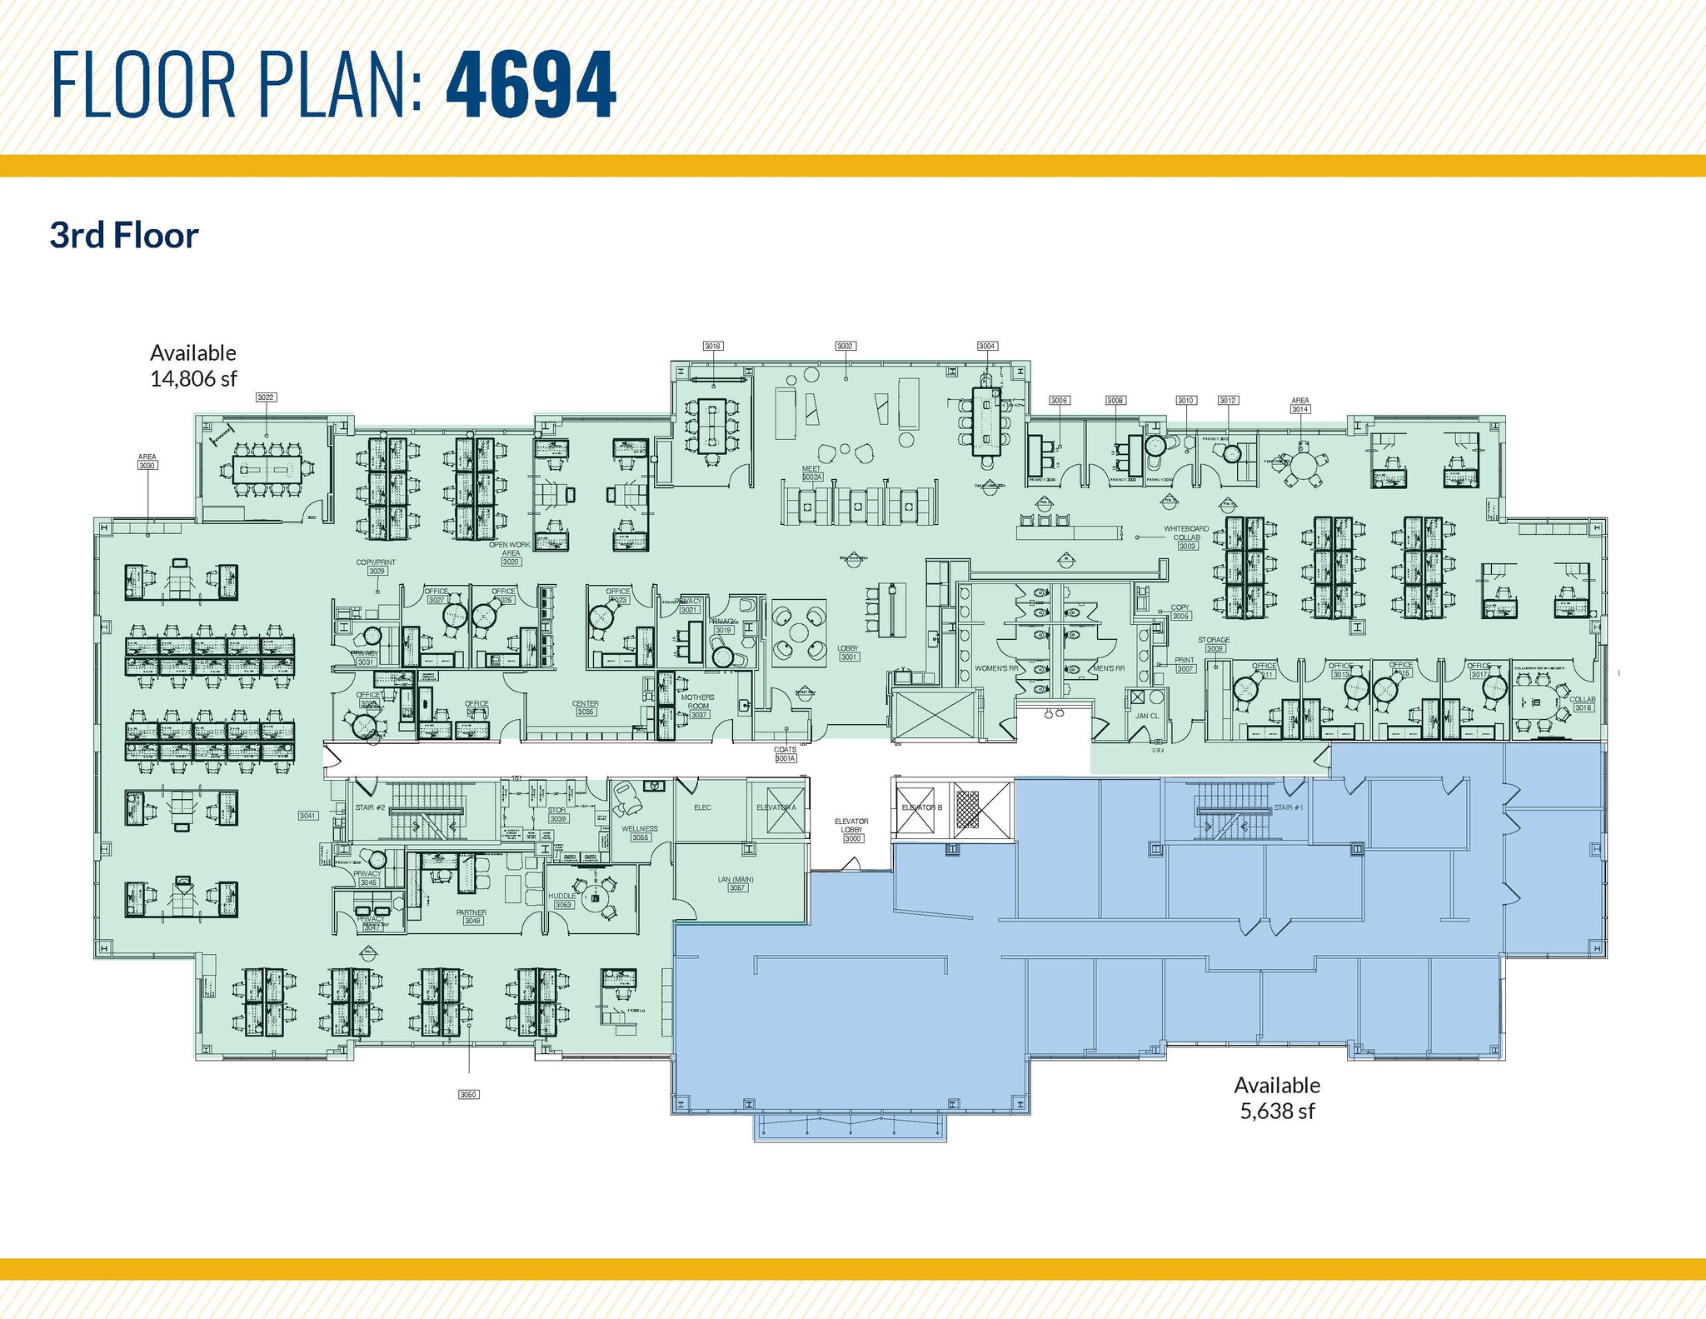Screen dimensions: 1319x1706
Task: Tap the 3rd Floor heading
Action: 124,236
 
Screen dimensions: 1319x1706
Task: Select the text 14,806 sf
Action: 193,379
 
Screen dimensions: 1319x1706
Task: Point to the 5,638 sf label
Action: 1277,1112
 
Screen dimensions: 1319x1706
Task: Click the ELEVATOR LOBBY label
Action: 851,825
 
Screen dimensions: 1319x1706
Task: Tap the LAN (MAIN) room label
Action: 736,880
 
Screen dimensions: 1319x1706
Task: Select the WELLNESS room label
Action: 640,829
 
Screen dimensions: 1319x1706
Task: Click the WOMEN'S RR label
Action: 996,669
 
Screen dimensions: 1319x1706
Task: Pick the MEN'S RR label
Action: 1109,669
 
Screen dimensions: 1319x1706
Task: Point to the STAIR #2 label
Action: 369,807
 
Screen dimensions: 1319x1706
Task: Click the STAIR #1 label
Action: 1288,807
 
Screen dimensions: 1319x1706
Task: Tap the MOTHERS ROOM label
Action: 698,702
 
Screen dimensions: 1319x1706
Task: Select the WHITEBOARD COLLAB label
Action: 1186,533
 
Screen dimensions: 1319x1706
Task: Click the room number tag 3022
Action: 266,397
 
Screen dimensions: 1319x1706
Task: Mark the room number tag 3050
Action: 468,1094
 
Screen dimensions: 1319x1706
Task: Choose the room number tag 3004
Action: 986,346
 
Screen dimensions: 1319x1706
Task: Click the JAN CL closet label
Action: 1146,716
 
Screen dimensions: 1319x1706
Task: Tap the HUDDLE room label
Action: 562,897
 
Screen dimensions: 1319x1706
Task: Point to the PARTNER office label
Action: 471,912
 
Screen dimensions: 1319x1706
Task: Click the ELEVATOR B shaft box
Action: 921,807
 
